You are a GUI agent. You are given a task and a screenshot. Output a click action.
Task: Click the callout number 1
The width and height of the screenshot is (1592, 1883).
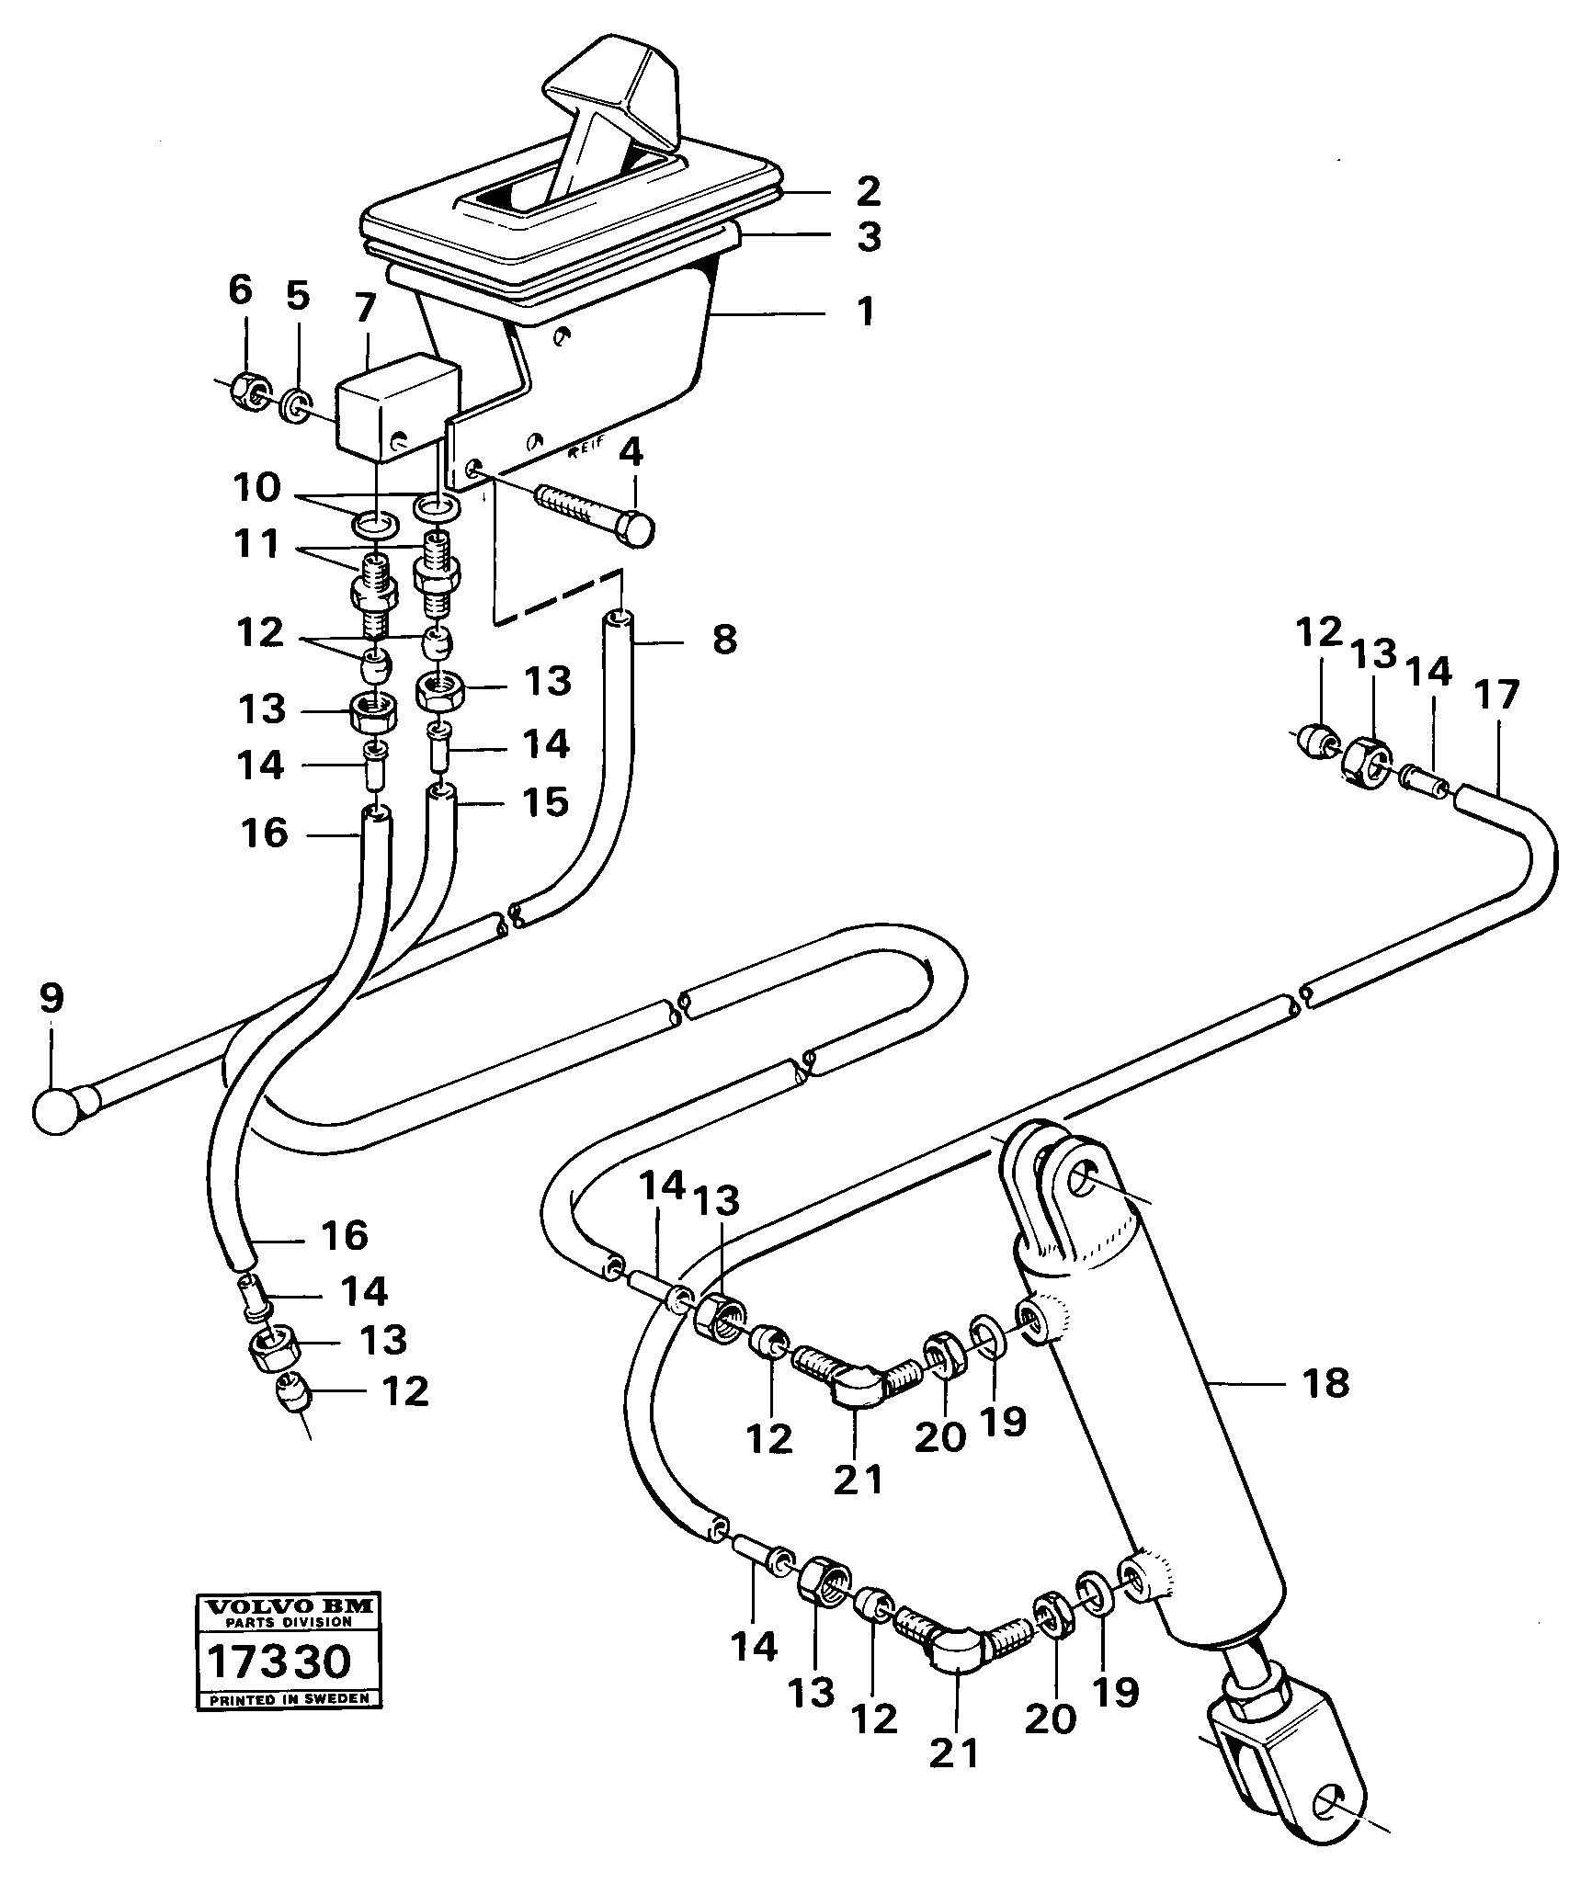pyautogui.click(x=863, y=312)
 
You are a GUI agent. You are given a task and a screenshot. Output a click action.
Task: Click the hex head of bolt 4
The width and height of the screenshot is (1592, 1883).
pyautogui.click(x=636, y=529)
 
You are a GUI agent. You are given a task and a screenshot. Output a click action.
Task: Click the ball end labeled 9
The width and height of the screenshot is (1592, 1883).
pyautogui.click(x=60, y=1108)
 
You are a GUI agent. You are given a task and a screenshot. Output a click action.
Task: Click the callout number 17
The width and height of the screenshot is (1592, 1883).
pyautogui.click(x=1496, y=697)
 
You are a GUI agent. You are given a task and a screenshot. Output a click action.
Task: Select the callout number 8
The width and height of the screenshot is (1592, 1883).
pyautogui.click(x=724, y=640)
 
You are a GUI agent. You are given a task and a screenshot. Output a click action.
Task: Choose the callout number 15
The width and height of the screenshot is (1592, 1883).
pyautogui.click(x=546, y=801)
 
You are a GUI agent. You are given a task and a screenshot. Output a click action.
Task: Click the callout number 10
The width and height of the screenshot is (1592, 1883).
pyautogui.click(x=256, y=489)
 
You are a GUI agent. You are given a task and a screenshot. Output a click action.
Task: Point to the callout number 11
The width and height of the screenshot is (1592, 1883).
pyautogui.click(x=256, y=545)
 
